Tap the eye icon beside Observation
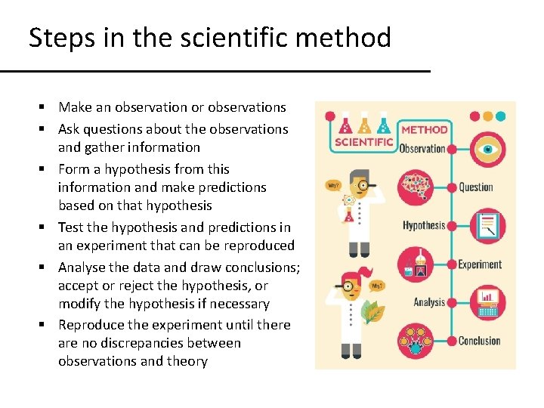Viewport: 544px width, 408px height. (487, 149)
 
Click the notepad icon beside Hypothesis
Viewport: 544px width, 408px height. (487, 225)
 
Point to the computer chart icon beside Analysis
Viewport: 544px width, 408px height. (487, 302)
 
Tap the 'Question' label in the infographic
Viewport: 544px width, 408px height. (476, 187)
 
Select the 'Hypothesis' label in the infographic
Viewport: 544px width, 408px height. (423, 225)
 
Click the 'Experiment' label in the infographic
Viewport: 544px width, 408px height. (480, 264)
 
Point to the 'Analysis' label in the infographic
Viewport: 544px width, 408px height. (428, 302)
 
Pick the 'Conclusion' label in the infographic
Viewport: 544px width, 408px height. (480, 341)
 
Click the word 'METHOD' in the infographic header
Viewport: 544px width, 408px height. (424, 129)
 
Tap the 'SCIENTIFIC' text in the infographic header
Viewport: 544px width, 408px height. (363, 141)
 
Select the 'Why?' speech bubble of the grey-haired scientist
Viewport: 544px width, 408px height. (332, 184)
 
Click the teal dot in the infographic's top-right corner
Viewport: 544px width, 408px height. (500, 116)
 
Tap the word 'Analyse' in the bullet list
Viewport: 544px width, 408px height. (82, 267)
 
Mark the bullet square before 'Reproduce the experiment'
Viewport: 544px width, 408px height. (47, 326)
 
